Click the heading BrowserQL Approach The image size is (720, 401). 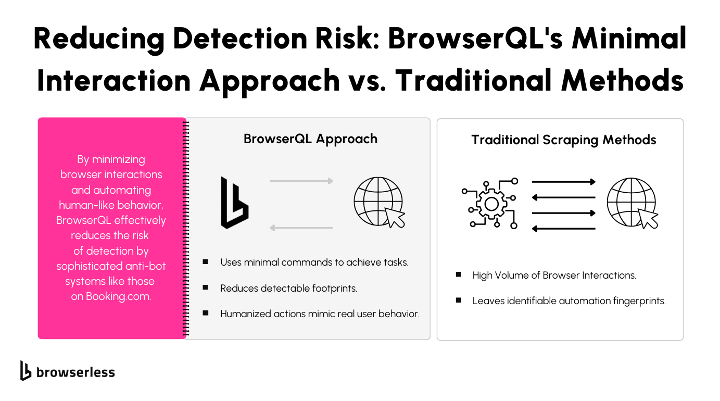click(310, 139)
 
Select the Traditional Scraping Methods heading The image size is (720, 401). click(563, 140)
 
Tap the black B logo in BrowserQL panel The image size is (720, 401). click(234, 203)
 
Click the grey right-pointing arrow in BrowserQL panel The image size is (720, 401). click(301, 181)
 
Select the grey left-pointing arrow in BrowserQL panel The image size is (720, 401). click(301, 228)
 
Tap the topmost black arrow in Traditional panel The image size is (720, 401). click(563, 182)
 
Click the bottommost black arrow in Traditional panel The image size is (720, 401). click(563, 228)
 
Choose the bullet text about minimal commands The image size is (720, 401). click(314, 262)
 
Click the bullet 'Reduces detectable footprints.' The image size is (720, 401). click(288, 288)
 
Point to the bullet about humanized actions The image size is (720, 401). click(320, 314)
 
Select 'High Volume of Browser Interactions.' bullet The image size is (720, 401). click(554, 275)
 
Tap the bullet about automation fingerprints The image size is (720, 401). click(569, 300)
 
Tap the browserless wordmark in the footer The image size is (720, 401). click(75, 372)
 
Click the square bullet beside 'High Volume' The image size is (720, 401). click(458, 274)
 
